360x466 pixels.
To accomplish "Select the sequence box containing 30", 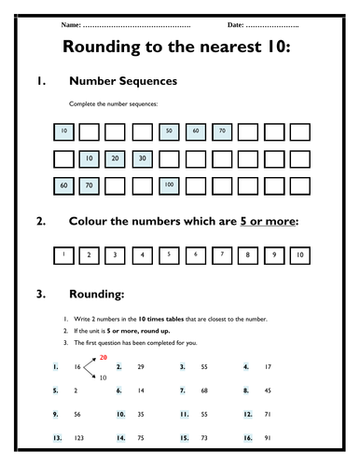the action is point(142,160).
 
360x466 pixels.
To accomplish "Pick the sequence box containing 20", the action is point(116,160).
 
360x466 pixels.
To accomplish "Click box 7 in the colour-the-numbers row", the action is point(222,254).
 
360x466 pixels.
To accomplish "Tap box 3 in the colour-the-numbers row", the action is point(116,254).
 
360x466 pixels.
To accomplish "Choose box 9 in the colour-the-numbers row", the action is point(274,254).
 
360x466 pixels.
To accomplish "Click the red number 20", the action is point(104,357).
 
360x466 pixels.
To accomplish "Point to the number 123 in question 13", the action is point(76,437).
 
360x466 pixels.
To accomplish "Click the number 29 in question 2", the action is point(140,368).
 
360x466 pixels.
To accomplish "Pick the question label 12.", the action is point(247,414).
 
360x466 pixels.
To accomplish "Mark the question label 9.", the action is point(57,414).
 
